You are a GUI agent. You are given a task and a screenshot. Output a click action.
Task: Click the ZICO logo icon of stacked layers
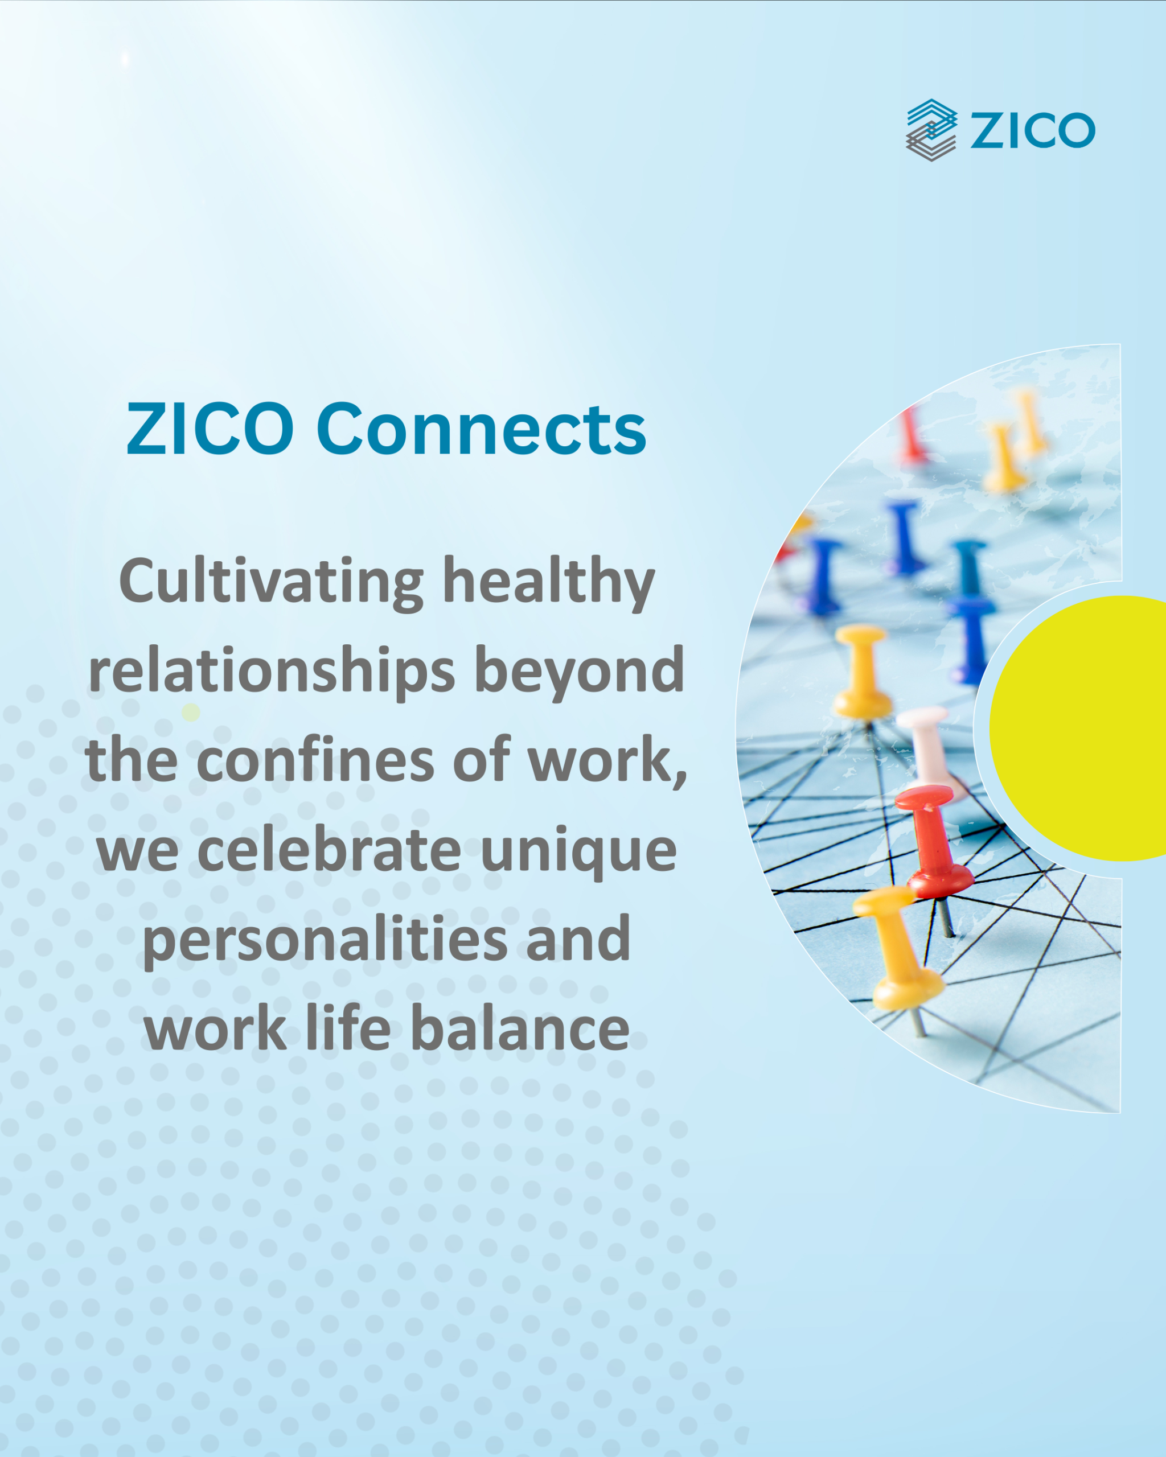[931, 130]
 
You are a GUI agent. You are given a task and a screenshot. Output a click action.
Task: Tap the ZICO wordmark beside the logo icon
[1032, 130]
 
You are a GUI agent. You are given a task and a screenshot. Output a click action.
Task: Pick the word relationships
[272, 672]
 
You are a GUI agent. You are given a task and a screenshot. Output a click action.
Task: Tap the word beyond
[579, 672]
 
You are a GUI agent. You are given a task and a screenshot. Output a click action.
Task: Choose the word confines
[315, 760]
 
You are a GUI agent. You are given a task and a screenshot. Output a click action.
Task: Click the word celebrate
[329, 850]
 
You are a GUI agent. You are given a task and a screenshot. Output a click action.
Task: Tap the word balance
[520, 1029]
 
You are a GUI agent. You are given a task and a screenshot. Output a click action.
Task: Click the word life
[348, 1029]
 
